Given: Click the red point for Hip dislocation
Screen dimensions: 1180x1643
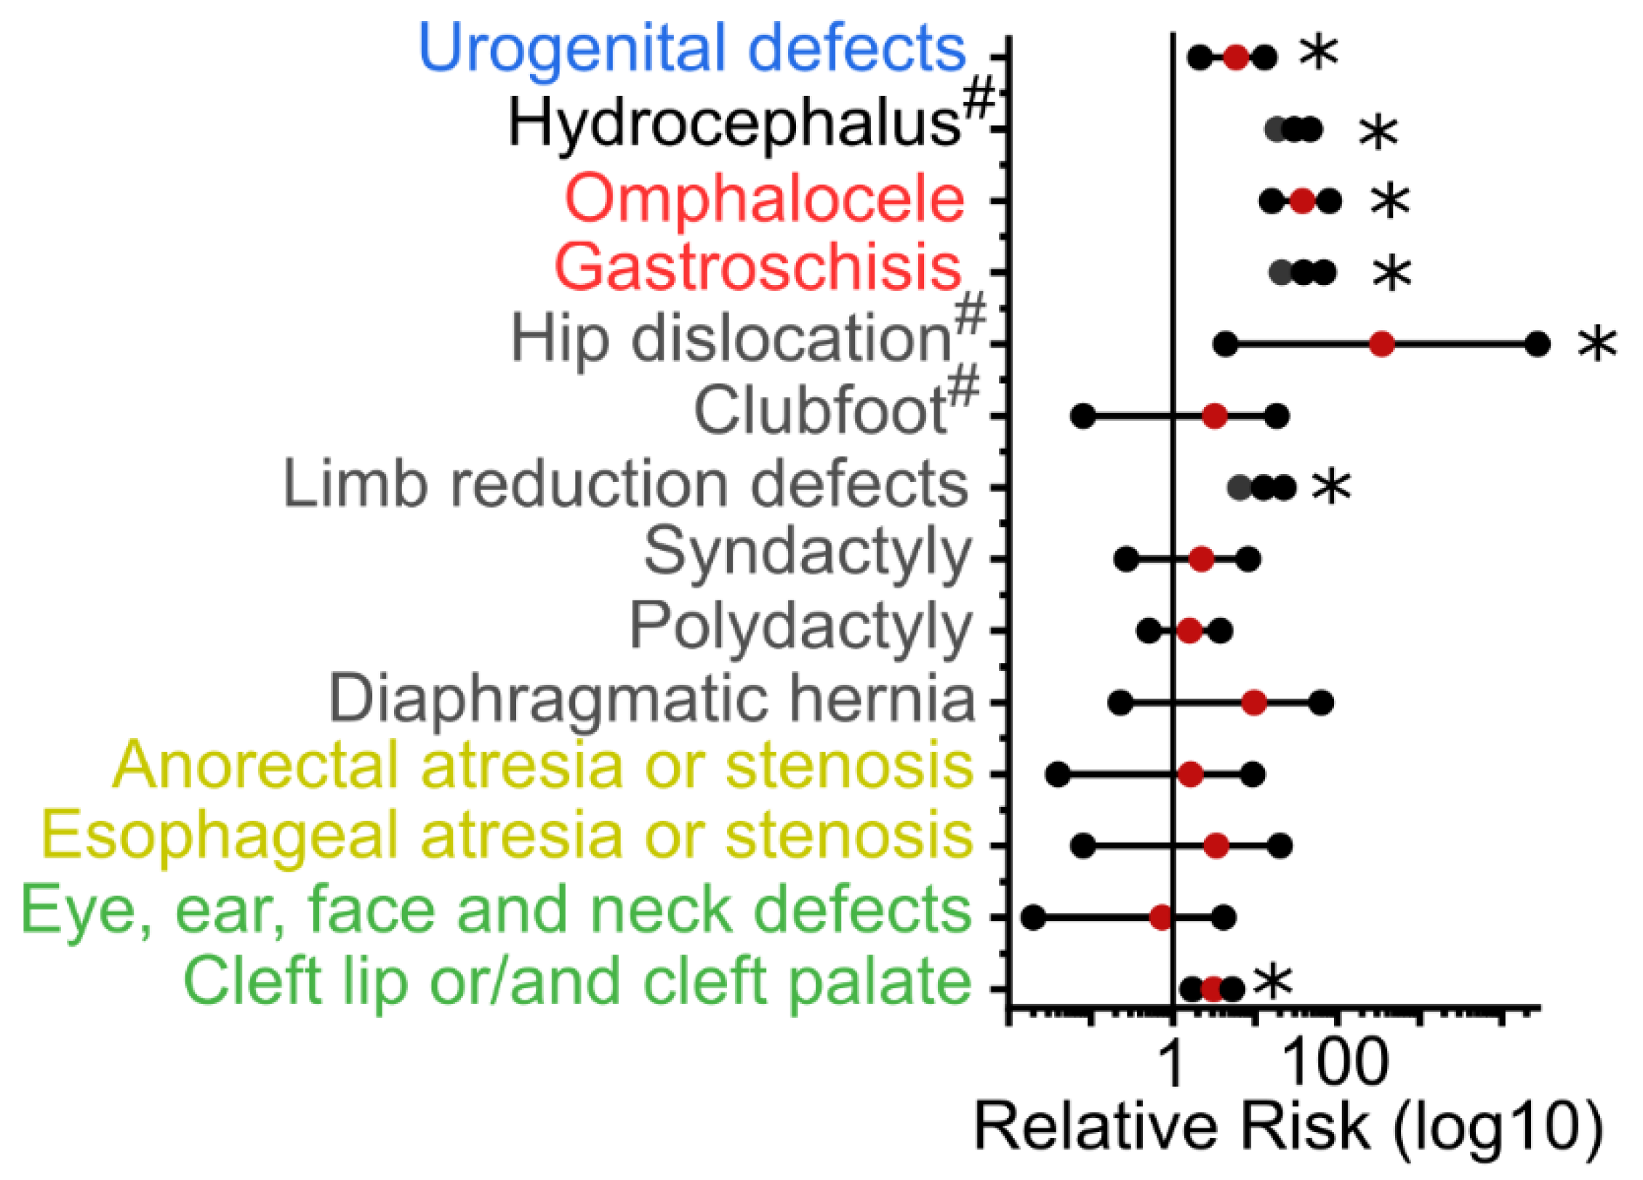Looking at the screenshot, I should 1381,344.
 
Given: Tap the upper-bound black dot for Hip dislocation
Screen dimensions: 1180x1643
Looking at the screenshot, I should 1538,344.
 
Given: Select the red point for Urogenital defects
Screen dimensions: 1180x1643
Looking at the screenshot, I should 1236,57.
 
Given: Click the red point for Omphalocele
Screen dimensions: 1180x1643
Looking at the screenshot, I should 1302,201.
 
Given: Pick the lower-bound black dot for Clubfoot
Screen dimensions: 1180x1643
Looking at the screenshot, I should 1083,417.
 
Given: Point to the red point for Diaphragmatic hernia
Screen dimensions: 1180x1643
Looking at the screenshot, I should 1254,702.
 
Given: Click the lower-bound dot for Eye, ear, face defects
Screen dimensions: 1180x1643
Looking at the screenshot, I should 1033,918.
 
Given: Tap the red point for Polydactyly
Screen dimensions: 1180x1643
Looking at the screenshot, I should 1189,630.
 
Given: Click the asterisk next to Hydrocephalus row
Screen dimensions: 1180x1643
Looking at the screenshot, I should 1378,133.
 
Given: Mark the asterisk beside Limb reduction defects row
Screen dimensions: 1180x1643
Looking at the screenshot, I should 1331,486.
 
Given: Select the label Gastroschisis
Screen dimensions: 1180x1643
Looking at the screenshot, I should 758,267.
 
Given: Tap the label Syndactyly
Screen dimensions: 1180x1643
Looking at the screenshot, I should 807,553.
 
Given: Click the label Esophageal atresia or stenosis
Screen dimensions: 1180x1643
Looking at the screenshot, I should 507,836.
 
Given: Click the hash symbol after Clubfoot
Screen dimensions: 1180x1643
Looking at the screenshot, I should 964,386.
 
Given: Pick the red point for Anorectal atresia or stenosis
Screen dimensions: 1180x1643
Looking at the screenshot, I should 1190,774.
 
